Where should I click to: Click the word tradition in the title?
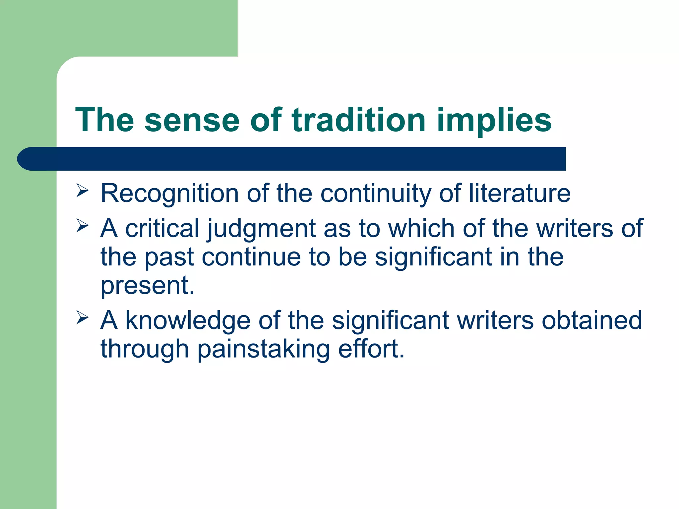click(x=358, y=120)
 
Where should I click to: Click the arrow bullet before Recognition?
click(x=82, y=191)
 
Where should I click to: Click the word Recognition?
click(x=169, y=194)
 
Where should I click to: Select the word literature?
click(x=520, y=193)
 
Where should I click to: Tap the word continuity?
click(x=376, y=194)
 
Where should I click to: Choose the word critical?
click(x=162, y=228)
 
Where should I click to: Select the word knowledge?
click(x=188, y=321)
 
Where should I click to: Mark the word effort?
click(x=368, y=349)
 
